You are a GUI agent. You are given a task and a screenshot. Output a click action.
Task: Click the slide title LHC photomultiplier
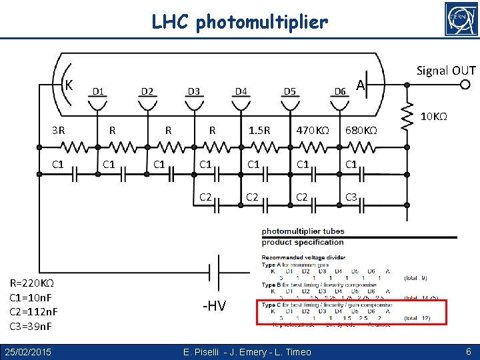pos(240,23)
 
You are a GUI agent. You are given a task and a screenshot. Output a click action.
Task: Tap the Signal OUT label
pos(446,71)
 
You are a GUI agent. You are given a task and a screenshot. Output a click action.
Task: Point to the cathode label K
pos(69,85)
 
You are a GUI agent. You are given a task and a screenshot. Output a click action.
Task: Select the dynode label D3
pos(194,91)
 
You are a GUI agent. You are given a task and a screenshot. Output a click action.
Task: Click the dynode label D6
pos(340,91)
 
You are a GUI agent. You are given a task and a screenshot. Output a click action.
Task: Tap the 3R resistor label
pos(59,130)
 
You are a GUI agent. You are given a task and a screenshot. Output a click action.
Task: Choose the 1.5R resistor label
pos(259,130)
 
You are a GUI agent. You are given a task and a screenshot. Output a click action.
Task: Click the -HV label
pos(214,306)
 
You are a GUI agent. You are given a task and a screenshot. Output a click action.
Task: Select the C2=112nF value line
pos(34,312)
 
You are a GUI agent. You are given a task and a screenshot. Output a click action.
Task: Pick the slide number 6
pos(469,351)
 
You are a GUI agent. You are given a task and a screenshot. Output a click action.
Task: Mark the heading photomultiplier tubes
pos(303,231)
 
